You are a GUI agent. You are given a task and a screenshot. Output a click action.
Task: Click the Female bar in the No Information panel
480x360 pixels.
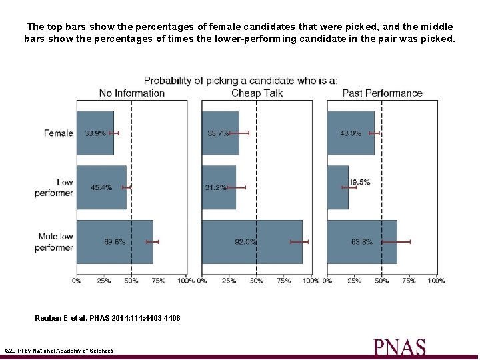pos(95,133)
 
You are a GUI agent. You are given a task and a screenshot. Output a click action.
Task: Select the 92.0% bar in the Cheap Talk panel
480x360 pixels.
pos(252,242)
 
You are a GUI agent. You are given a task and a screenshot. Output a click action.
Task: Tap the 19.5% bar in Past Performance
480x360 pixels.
pos(337,187)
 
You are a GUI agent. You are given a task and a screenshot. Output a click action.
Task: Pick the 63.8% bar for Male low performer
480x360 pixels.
pos(362,242)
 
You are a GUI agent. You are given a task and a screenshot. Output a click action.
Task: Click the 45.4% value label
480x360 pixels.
pos(101,187)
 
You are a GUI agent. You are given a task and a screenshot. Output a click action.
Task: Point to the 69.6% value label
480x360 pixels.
pos(115,242)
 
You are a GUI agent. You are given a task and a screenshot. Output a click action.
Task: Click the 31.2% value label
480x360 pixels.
pos(215,187)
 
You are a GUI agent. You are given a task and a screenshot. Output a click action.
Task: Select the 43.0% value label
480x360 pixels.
pos(351,133)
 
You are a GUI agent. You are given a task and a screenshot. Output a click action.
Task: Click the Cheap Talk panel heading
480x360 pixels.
pos(257,93)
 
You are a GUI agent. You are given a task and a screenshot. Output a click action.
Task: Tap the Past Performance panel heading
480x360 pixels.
pos(382,93)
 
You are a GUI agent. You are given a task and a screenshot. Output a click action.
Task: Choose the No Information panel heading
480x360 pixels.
pos(131,93)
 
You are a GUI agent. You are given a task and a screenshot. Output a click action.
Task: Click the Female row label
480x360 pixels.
pos(58,133)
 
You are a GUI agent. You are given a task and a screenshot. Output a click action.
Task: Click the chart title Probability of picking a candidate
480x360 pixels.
pos(241,81)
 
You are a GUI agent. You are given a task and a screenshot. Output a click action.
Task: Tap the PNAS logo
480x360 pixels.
pos(399,347)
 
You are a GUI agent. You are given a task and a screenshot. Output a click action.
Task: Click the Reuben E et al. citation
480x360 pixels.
pos(107,318)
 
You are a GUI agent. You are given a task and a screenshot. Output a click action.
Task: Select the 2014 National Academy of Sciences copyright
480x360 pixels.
pos(59,351)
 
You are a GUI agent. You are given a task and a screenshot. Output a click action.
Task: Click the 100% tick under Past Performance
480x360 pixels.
pos(436,281)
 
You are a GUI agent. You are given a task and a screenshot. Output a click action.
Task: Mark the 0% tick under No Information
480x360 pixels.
pos(77,281)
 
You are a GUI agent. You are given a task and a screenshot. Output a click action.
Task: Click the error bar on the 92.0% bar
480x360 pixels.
pos(299,242)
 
